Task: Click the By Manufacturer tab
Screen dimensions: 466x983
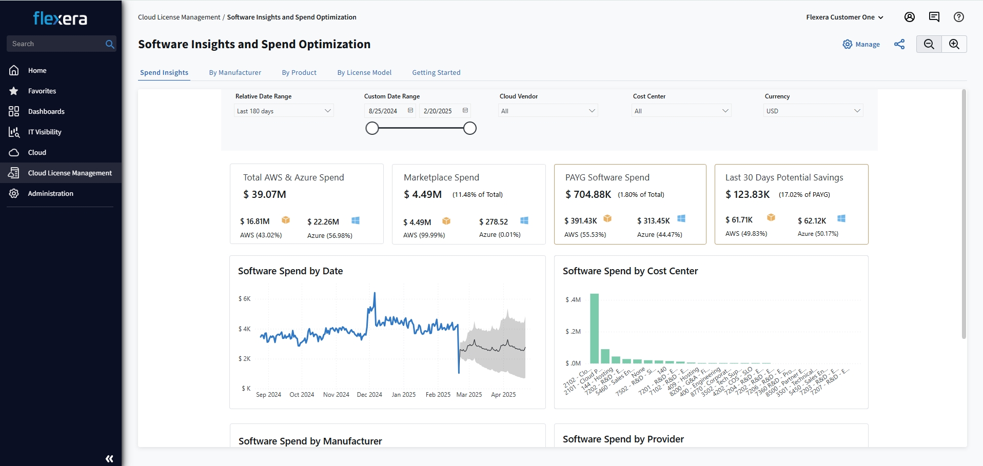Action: coord(235,72)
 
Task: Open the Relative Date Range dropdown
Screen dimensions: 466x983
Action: coord(284,111)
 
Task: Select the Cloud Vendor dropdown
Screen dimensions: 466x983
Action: coord(547,111)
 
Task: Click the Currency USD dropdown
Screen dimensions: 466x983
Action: coord(813,111)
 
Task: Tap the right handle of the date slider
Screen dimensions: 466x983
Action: coord(469,128)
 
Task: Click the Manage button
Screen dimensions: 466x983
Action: coord(861,45)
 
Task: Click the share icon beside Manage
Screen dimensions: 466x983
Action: coord(899,45)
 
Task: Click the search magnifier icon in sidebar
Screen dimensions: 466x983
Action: coord(109,44)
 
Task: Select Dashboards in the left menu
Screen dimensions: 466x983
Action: coord(46,111)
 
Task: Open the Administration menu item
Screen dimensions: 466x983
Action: coord(50,193)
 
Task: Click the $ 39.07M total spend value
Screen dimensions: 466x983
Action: coord(265,194)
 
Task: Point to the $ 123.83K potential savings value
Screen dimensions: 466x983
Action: coord(748,194)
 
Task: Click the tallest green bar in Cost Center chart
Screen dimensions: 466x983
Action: coord(594,328)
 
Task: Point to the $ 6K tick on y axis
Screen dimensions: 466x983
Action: coord(245,299)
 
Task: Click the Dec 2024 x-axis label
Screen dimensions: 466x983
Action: coord(369,395)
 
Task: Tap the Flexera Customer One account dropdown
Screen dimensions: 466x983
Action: coord(844,17)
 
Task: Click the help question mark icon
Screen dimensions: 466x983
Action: coord(958,17)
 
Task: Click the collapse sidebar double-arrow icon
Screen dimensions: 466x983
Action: coord(109,459)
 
